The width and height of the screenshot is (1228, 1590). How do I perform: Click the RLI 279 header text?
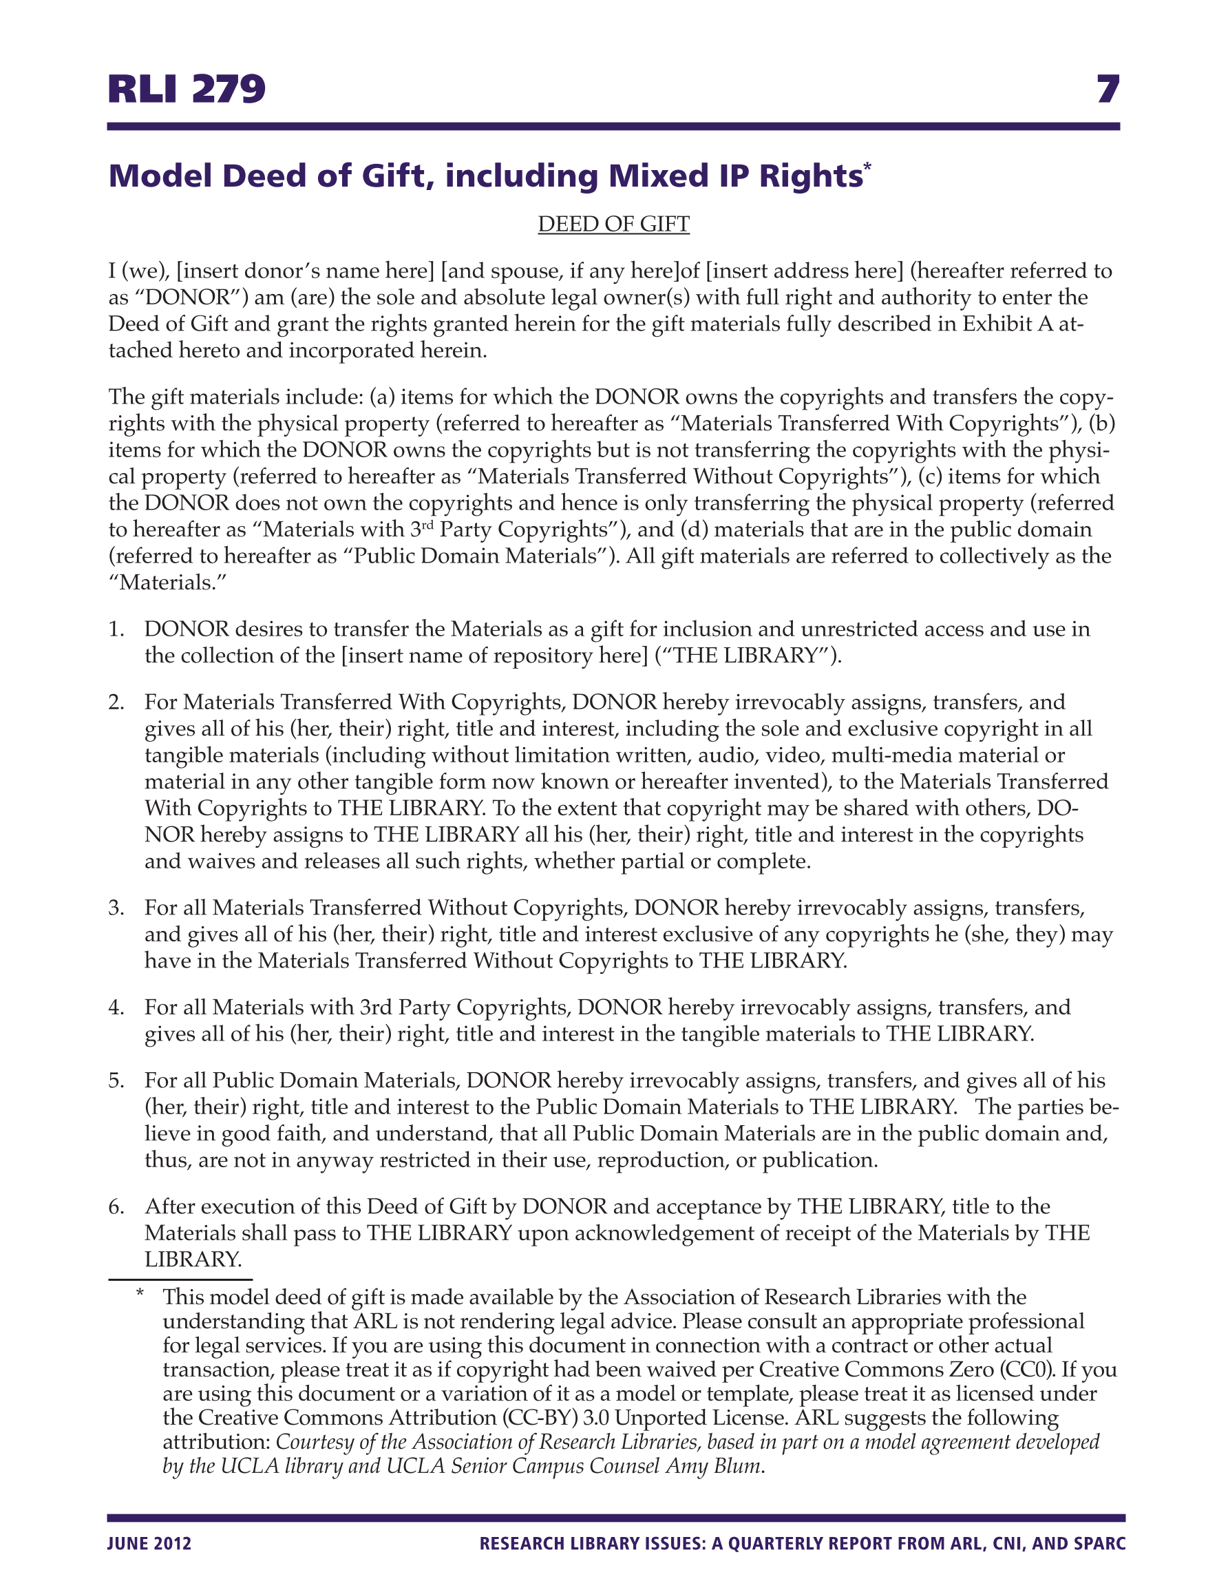(187, 90)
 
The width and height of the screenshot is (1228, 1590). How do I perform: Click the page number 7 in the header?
(1107, 90)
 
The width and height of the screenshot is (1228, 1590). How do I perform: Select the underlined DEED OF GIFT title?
(613, 224)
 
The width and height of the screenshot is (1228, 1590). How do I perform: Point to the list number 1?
(116, 629)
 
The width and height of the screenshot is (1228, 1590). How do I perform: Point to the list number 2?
(116, 702)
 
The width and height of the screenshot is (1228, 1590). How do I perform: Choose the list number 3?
(116, 908)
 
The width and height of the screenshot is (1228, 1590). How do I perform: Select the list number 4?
(116, 1007)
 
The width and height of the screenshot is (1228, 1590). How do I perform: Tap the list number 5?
(116, 1080)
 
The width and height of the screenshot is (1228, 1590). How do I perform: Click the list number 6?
(116, 1206)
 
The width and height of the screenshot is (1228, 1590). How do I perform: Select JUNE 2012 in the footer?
(149, 1544)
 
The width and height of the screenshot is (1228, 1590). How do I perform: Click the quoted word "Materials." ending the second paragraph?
(167, 583)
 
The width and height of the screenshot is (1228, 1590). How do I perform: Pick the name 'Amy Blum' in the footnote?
(712, 1465)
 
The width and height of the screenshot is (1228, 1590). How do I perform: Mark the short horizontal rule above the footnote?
(180, 1279)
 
